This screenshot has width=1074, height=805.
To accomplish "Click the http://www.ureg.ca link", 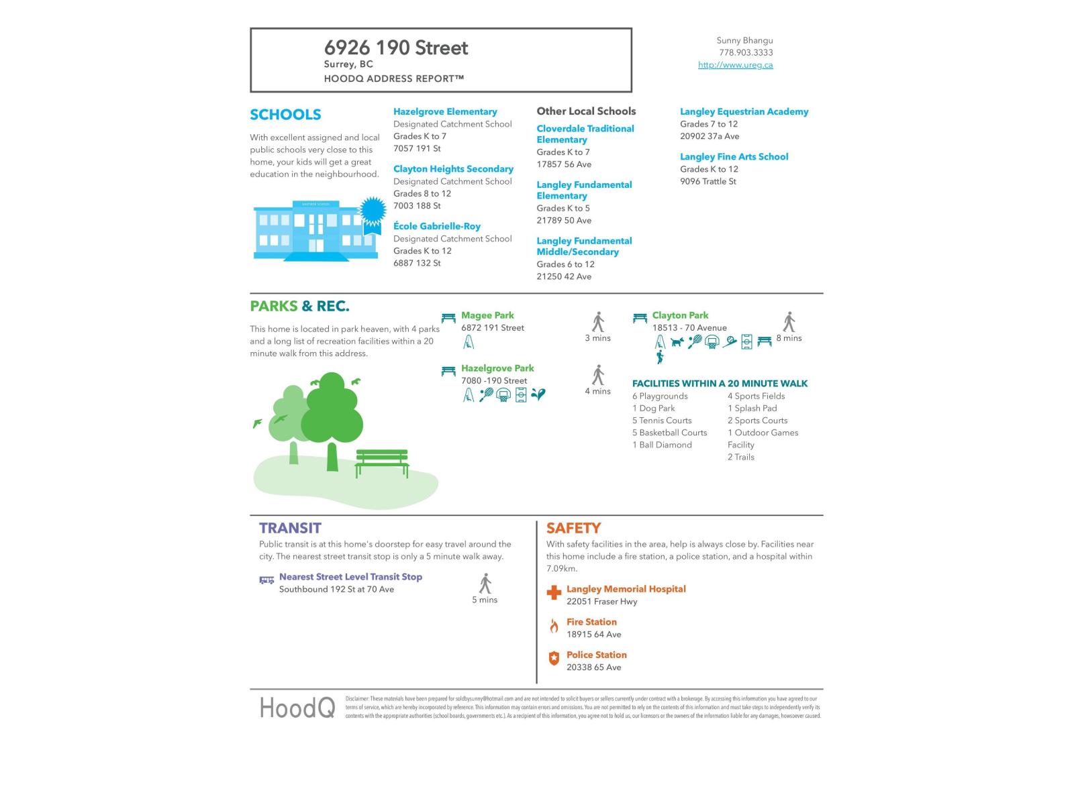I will click(735, 65).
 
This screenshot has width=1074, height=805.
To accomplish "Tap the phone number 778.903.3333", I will click(746, 52).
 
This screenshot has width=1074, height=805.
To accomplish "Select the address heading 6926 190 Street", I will click(396, 48).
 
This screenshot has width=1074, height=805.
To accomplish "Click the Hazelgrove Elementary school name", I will click(445, 111).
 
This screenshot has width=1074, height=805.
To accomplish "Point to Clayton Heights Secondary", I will click(453, 169).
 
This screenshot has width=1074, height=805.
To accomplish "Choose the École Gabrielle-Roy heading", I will click(437, 226).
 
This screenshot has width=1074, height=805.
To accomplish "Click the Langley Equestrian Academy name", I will click(744, 111).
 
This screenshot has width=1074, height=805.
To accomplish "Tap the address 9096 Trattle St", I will click(707, 181).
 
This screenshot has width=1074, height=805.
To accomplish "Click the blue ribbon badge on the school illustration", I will click(373, 211).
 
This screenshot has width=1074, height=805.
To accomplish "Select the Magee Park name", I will click(487, 315).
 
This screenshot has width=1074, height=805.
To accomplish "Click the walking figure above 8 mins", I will click(789, 322).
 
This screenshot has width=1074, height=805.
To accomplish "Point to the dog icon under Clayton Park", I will click(677, 342).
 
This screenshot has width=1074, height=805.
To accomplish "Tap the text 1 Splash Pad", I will click(752, 408).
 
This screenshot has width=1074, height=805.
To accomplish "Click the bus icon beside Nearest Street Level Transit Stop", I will click(266, 580).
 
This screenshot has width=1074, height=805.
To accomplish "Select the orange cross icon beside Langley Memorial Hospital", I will click(554, 592).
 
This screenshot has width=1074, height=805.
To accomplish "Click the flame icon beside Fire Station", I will click(554, 627).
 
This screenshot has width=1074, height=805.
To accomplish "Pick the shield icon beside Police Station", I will click(554, 659).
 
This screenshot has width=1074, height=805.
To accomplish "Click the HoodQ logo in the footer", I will click(297, 708).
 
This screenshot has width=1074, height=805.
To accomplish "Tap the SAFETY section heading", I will click(573, 528).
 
